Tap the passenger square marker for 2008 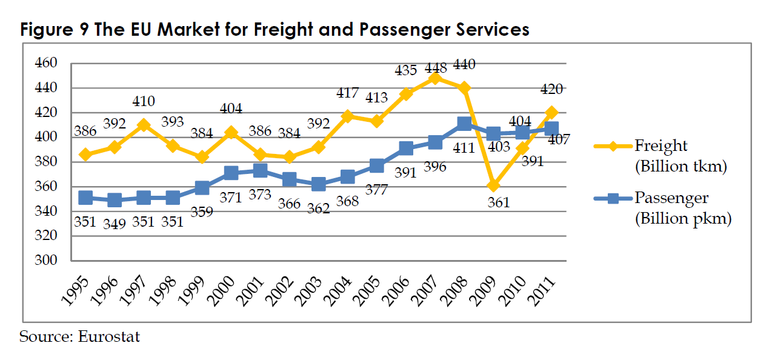464,124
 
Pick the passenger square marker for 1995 85,198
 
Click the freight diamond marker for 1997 144,125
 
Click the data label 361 498,202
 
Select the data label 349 114,224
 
